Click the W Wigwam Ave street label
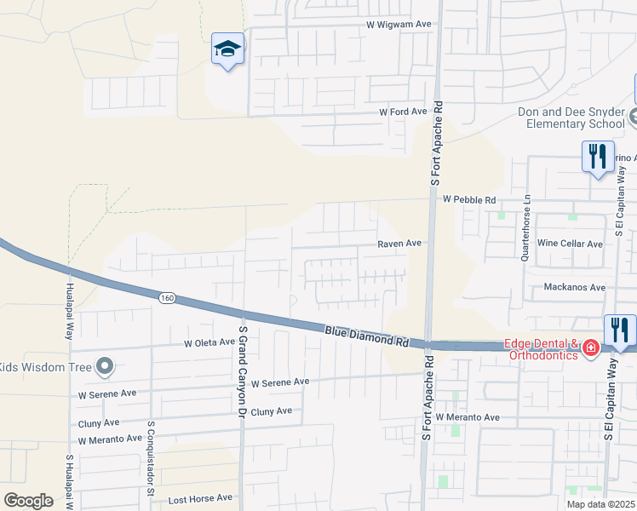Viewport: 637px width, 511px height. pos(399,25)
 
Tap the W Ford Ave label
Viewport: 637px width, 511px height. pos(403,112)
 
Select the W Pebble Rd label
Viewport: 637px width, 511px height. pos(469,199)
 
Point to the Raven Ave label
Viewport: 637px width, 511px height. pos(400,243)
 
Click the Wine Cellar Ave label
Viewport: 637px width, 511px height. pos(570,244)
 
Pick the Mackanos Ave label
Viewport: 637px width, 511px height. pos(575,288)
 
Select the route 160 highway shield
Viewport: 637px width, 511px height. pos(167,297)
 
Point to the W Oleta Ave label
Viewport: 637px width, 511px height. pos(209,342)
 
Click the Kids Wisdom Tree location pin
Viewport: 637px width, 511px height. pos(105,366)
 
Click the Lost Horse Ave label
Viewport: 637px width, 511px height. pos(200,497)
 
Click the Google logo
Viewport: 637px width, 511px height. pos(28,501)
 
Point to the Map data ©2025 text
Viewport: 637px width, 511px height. pos(600,504)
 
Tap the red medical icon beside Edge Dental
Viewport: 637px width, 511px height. pos(590,349)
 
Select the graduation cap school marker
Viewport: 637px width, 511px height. pos(228,49)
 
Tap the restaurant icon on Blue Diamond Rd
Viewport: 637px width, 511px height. pos(620,330)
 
